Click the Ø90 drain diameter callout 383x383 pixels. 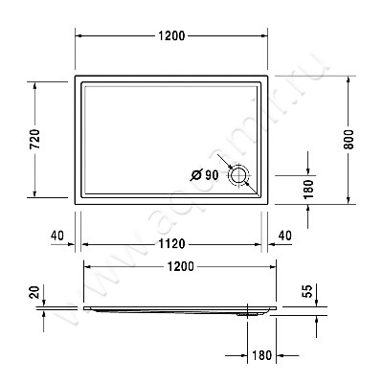pyautogui.click(x=205, y=174)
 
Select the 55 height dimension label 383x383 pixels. pyautogui.click(x=307, y=290)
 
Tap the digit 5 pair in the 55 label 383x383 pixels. pyautogui.click(x=307, y=290)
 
